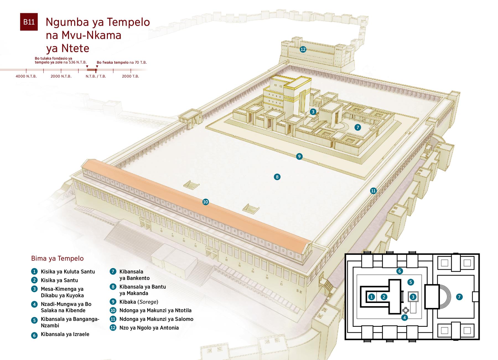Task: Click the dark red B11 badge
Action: [x=29, y=22]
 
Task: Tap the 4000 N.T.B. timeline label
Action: [x=26, y=76]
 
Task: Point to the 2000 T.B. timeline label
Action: [x=131, y=76]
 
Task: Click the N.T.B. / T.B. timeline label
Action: [x=96, y=76]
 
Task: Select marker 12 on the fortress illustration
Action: [x=303, y=49]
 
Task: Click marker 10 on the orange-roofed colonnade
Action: [x=206, y=202]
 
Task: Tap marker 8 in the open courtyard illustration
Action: [x=277, y=177]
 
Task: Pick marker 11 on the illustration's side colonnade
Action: [x=373, y=191]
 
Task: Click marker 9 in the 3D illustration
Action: [x=299, y=156]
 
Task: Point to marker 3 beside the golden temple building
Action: [x=313, y=112]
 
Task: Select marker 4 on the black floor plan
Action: [x=404, y=318]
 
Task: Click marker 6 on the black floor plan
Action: [x=399, y=271]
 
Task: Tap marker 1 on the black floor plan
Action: [x=372, y=297]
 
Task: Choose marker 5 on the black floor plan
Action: [x=411, y=282]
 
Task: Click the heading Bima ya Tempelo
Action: [x=57, y=258]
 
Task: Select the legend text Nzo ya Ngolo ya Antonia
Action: [x=149, y=328]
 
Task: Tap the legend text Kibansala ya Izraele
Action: [x=65, y=334]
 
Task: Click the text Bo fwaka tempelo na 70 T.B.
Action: [x=122, y=63]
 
